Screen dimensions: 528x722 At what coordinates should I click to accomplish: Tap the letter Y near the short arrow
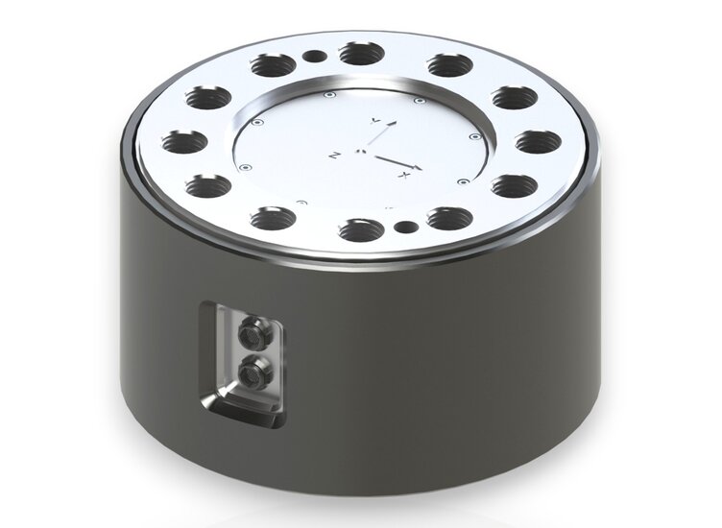(x=376, y=119)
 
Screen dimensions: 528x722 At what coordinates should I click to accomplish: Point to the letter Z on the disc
(x=334, y=154)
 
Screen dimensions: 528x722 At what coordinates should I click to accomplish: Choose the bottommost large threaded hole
(x=358, y=229)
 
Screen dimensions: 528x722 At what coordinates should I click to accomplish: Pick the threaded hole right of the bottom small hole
(x=447, y=217)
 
